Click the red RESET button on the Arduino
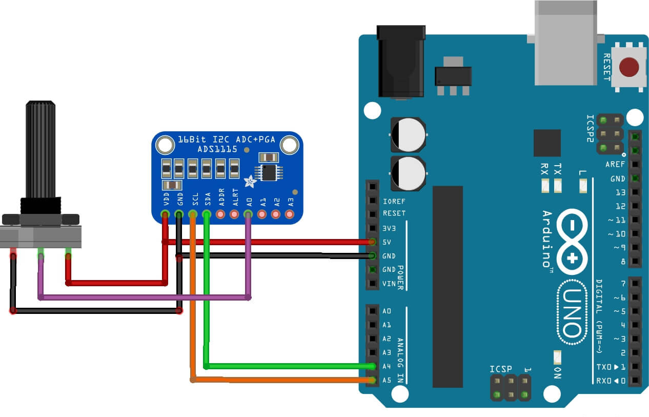tap(629, 67)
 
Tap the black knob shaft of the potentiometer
tap(40, 149)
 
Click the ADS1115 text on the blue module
tap(217, 149)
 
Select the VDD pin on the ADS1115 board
tap(165, 213)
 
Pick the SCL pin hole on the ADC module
tap(193, 213)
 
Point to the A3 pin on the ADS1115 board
tap(290, 213)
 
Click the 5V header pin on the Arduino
tap(373, 242)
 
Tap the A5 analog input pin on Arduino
tap(373, 380)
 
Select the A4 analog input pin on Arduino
tap(373, 366)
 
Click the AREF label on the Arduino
tap(615, 165)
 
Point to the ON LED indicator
tap(558, 357)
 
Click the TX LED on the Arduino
tap(558, 185)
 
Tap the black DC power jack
tap(400, 62)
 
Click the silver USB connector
tap(565, 44)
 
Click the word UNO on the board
tap(570, 312)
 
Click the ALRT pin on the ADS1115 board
tap(235, 213)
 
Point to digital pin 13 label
tap(620, 192)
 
